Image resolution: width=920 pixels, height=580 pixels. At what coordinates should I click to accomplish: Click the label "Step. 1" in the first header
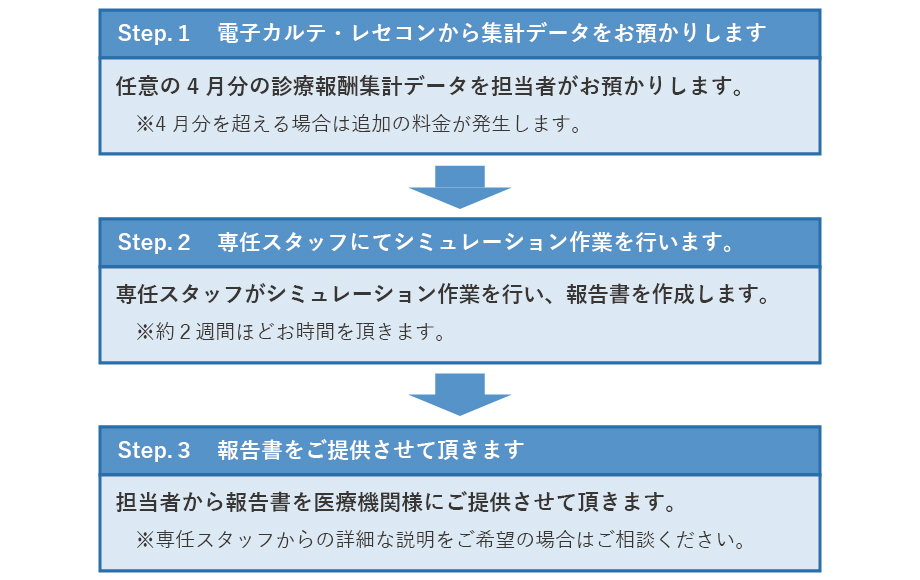(153, 33)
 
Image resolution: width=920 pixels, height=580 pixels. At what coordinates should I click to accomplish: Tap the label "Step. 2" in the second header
(153, 242)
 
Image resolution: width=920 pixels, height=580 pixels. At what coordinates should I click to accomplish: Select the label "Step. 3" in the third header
(153, 450)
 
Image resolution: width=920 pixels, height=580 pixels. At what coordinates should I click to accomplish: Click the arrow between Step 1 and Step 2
(460, 186)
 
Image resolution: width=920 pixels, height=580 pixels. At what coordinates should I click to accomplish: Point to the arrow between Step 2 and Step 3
(460, 394)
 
